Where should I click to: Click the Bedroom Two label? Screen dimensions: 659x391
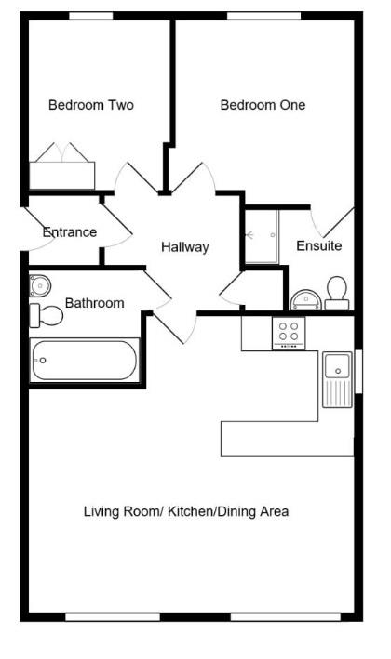tap(90, 105)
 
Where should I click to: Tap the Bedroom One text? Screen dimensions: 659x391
tap(263, 105)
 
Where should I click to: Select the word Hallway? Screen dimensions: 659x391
tap(184, 247)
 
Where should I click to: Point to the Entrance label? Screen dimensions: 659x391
tap(70, 232)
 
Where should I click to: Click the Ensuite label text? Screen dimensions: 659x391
tap(318, 246)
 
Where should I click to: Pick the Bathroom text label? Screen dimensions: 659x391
tap(94, 303)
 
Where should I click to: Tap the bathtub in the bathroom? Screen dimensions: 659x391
tap(84, 361)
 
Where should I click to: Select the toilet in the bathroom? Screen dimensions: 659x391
tap(46, 316)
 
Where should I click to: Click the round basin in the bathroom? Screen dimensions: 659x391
tap(42, 284)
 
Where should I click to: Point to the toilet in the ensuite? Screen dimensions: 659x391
tap(336, 293)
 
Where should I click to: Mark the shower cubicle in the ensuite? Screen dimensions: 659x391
tap(262, 236)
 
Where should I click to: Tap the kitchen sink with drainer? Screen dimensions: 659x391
tap(336, 379)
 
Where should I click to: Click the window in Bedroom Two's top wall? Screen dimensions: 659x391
tap(91, 16)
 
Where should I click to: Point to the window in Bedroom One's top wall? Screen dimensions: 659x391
tap(257, 16)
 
